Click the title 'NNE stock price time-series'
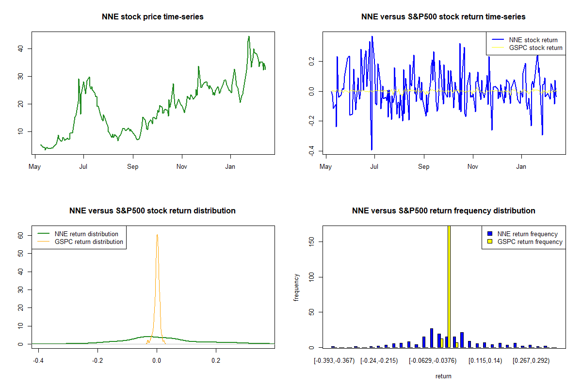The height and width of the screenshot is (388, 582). coord(153,16)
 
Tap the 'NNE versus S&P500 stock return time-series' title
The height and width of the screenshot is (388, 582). coord(443,16)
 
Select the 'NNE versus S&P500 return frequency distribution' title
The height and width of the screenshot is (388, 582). coord(443,210)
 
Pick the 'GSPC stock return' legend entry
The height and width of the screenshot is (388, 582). coord(535,48)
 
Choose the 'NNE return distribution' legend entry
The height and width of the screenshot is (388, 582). coord(86,234)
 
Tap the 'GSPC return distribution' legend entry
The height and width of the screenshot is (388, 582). coord(89,242)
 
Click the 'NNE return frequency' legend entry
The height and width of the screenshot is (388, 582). coord(527,234)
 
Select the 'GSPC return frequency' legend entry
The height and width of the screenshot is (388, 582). coord(530,242)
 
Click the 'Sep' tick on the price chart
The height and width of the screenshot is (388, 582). coord(133,167)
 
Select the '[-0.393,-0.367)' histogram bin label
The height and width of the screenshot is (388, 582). coord(334,361)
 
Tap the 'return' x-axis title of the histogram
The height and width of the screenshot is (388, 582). coord(443,376)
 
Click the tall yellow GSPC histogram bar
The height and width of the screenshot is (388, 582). coord(449,286)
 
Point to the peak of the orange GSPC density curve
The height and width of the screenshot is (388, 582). coord(157,235)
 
